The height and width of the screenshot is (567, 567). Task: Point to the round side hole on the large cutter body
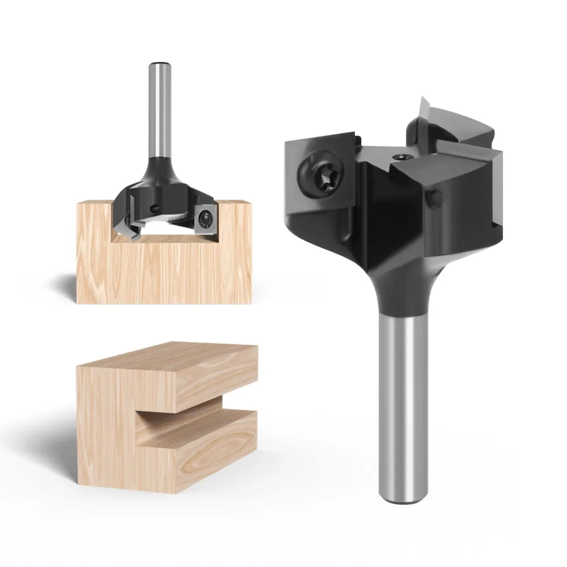click(x=434, y=198)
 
